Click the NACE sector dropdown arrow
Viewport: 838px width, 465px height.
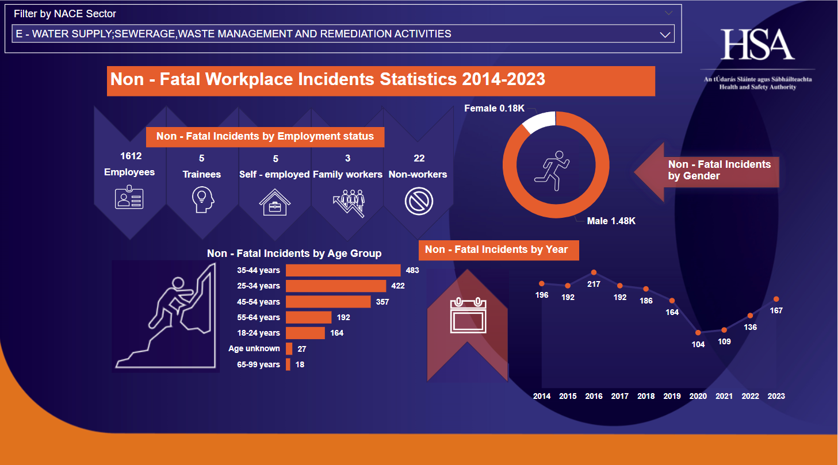665,34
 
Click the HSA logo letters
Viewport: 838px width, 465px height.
757,44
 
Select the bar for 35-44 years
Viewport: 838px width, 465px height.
343,270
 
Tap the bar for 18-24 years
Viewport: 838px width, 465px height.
305,333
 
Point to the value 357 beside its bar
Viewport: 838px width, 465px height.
382,302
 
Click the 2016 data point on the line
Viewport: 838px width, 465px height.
594,272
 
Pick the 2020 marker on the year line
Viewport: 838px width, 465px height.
698,332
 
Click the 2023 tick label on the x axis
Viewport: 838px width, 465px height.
776,396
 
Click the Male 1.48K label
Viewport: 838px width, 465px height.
611,221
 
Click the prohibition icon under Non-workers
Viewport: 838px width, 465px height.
419,202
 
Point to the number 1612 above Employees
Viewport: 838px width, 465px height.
131,156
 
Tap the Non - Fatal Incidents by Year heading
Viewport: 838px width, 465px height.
496,249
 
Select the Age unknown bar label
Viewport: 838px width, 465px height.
254,348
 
